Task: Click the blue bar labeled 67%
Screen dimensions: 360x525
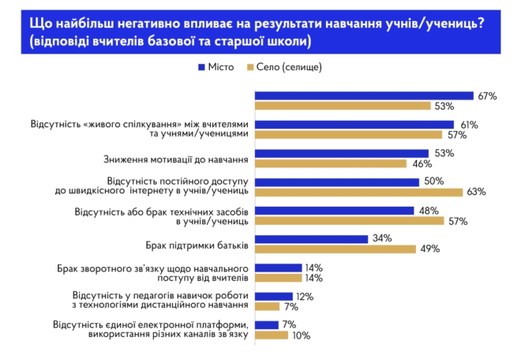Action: pos(364,96)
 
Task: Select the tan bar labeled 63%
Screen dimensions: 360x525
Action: pos(358,192)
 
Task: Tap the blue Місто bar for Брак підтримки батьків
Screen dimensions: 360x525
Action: pos(311,239)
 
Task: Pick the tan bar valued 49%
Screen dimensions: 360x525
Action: pos(335,249)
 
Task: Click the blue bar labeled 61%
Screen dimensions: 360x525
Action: pos(354,125)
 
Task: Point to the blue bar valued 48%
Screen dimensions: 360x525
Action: pos(334,211)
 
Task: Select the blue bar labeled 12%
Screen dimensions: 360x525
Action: pos(273,296)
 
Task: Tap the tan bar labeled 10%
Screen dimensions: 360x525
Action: pos(271,336)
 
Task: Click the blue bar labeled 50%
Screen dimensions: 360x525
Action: pos(336,182)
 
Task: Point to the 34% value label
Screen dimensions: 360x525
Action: pos(381,239)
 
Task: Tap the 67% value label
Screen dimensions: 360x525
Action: pos(486,96)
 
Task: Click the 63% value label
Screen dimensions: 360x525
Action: pos(475,192)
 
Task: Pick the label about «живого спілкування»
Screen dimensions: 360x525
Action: pos(140,129)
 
